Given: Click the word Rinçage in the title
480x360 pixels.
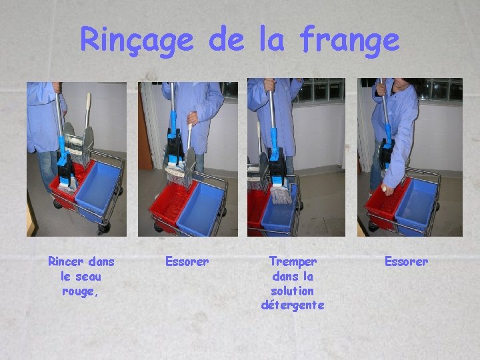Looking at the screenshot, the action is tap(137, 41).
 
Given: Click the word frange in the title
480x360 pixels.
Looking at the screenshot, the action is tap(349, 41).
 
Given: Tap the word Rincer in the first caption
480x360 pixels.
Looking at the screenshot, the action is tap(66, 262).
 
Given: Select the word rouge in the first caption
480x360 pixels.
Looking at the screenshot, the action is tap(78, 291).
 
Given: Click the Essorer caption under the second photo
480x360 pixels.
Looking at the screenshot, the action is tap(187, 262).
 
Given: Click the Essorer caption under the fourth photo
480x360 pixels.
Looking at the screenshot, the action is tap(406, 262).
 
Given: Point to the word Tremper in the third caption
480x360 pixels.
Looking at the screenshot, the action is tap(293, 263).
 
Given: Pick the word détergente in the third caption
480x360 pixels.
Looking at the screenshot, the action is tap(293, 305).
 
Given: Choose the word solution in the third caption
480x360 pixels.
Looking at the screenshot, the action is tap(293, 291).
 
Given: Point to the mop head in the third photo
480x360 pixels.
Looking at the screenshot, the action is tap(281, 195).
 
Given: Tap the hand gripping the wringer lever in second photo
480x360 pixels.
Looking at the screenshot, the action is tap(192, 118).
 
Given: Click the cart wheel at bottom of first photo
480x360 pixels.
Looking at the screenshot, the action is tap(104, 228).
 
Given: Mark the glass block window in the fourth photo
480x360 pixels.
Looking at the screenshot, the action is tap(441, 89).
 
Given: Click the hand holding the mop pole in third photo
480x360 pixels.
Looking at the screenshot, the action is tap(270, 85).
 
